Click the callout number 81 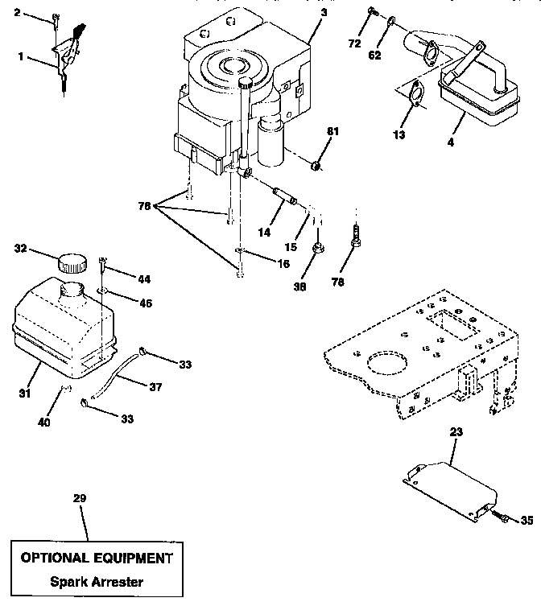(332, 130)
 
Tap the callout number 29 (79, 499)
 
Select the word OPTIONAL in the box (55, 558)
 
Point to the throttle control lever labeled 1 (66, 57)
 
